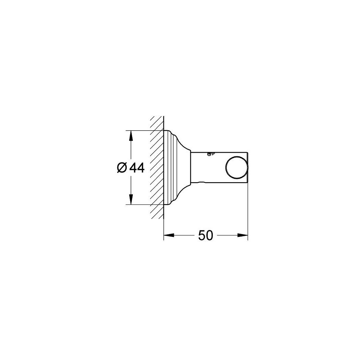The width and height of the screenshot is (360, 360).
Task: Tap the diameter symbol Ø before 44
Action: point(122,168)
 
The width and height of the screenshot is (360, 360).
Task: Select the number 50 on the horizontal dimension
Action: point(206,236)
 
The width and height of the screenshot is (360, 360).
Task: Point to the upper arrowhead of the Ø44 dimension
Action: point(131,135)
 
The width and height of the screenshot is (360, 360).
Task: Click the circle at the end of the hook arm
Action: point(237,167)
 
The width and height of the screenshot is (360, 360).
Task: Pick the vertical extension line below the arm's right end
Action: point(248,212)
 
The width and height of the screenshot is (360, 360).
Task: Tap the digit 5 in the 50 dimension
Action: point(202,236)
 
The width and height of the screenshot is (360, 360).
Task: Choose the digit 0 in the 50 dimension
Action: point(210,236)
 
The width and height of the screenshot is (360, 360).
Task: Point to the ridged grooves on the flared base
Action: point(172,167)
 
